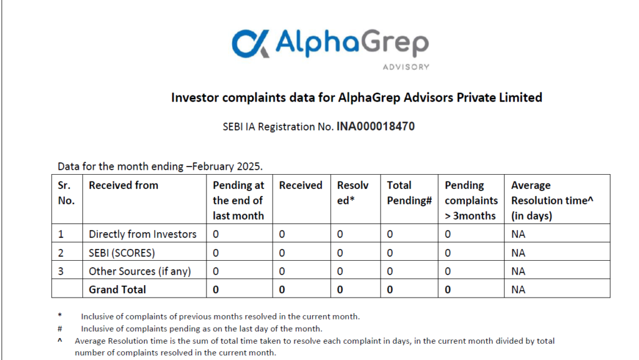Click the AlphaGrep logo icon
pos(250,43)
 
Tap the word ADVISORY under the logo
pos(406,67)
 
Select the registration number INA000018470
pos(375,126)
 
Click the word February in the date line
pos(212,167)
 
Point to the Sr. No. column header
pos(66,193)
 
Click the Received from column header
pos(124,185)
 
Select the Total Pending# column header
pos(409,193)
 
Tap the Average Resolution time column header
pos(552,200)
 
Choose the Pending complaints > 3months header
pos(471,200)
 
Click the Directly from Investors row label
pos(143,234)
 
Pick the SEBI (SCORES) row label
pos(122,253)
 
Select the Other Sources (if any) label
pos(140,271)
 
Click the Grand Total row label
pos(117,289)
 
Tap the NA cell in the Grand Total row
pos(518,289)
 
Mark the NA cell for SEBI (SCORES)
pos(518,253)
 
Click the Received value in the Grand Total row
pos(282,289)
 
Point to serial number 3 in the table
pos(61,271)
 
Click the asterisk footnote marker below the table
pos(59,315)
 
